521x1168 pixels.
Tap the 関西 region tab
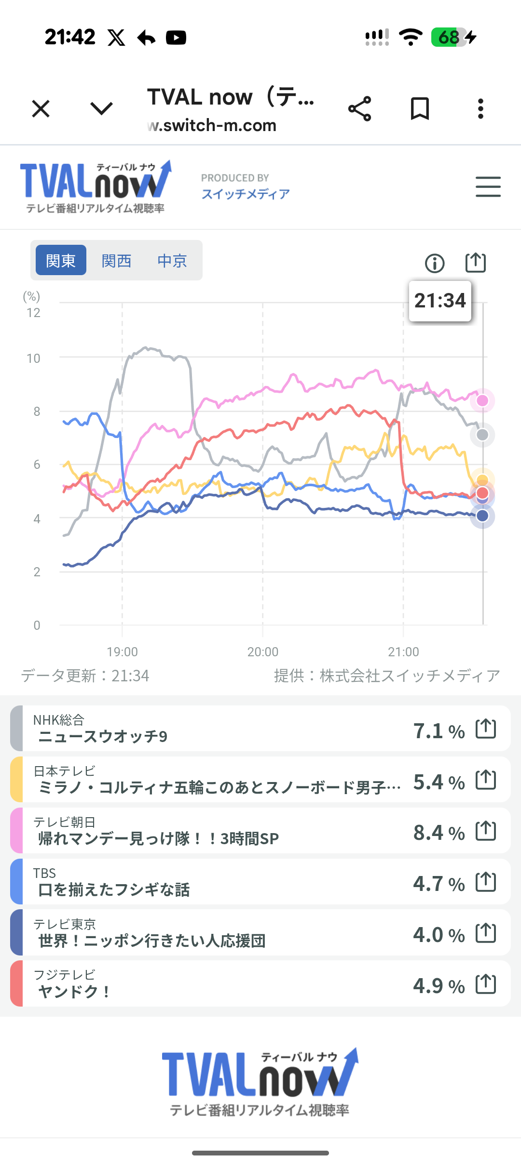tap(116, 261)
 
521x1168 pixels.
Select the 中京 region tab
tap(172, 261)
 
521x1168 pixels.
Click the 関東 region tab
tap(61, 261)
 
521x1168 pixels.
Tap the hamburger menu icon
tap(488, 186)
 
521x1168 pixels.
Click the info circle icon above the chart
tap(435, 263)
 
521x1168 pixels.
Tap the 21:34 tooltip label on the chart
tap(440, 301)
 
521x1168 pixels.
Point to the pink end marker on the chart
tap(482, 400)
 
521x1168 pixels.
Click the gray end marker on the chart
tap(482, 435)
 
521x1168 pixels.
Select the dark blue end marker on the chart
tap(482, 516)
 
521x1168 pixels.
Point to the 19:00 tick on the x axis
tap(122, 651)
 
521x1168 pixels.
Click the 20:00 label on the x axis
tap(263, 651)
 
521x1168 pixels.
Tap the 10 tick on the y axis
tap(34, 358)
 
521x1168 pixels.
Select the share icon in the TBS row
tap(486, 882)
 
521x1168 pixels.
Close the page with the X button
tap(41, 109)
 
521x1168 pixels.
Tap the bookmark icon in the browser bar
tap(420, 109)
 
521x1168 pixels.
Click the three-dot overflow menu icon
tap(480, 109)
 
